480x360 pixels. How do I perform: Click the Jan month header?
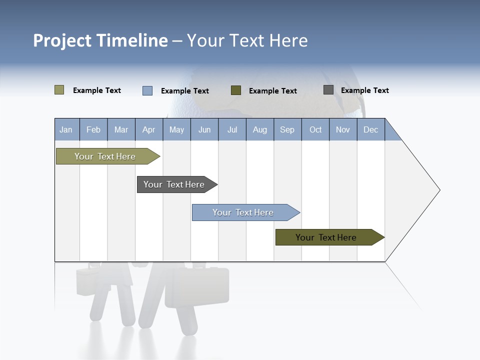(66, 129)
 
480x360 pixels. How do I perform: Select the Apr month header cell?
(149, 129)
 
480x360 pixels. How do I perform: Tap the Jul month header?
(232, 129)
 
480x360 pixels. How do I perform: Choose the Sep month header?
(287, 129)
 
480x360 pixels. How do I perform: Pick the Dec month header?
(370, 129)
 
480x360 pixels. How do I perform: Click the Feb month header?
(93, 129)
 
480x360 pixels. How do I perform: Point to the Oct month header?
(315, 129)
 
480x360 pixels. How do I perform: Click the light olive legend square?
(59, 90)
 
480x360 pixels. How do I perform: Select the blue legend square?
(147, 90)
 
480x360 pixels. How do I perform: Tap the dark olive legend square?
(236, 90)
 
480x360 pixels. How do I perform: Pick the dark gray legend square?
(328, 90)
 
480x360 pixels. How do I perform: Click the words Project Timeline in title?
(100, 40)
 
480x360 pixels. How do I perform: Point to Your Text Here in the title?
(247, 40)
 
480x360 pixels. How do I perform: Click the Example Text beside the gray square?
(364, 90)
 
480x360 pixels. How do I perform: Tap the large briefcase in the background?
(197, 286)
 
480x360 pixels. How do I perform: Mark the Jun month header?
(204, 129)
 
